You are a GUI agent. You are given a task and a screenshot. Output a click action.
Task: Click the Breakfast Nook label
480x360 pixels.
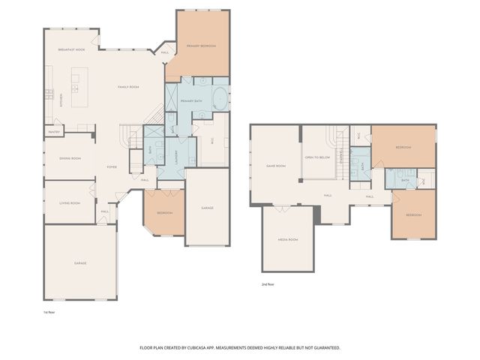point(72,49)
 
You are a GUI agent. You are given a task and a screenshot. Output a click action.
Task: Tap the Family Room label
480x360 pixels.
point(129,88)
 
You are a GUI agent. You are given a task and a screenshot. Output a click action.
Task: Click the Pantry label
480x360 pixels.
point(54,132)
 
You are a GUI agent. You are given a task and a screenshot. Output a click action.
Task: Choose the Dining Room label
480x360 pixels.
point(70,158)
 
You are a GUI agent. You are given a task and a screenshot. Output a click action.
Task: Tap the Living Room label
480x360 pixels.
point(70,202)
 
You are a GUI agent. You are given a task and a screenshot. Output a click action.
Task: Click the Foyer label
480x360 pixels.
point(111,166)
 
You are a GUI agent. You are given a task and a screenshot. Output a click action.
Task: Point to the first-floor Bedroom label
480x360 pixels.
point(164,213)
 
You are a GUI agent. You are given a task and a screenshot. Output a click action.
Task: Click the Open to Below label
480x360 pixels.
point(318,157)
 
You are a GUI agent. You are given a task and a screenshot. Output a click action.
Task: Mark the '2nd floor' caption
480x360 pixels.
point(268,285)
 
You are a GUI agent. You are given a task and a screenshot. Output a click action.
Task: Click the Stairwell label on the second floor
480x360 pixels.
point(341,157)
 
